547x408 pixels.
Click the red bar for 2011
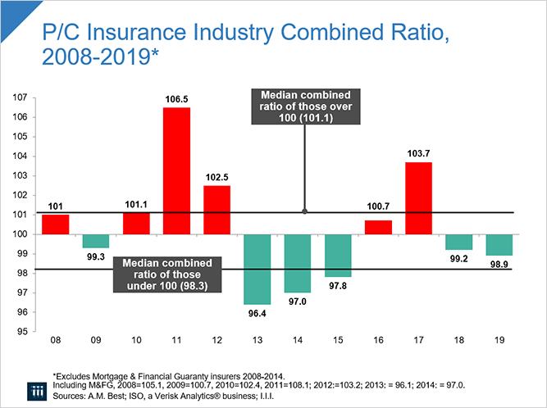coord(176,170)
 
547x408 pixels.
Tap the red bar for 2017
coord(418,198)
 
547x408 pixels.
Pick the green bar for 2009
coord(96,241)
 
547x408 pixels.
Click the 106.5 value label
coord(176,100)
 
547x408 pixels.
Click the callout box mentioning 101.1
coord(304,106)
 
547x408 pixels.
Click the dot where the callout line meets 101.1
coord(304,211)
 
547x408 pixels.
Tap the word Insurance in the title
coord(125,36)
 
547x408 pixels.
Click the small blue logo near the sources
coord(32,388)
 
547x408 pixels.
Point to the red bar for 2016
coord(378,227)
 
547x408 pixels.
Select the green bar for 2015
coord(338,256)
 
